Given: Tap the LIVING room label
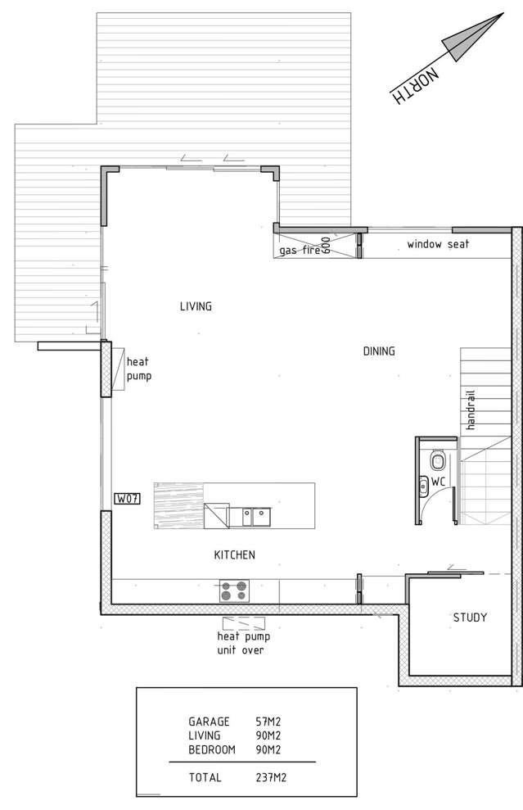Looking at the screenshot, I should [196, 306].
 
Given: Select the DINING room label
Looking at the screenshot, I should [379, 351].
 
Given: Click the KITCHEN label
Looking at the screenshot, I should [234, 554].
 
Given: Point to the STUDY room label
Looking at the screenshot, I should [470, 618].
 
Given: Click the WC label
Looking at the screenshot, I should [438, 482].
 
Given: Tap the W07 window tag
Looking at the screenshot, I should [126, 498].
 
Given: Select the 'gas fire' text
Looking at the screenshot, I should [299, 250].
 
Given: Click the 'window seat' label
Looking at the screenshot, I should [438, 244].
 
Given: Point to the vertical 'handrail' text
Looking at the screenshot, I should [471, 410].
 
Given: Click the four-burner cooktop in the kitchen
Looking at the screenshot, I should [234, 590].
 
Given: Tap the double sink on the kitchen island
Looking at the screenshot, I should [255, 516].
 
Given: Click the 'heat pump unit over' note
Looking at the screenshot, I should [243, 643].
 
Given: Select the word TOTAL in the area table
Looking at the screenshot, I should [205, 778].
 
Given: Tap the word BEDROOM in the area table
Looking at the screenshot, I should [211, 749].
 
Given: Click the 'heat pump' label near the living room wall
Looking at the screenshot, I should [138, 369].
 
